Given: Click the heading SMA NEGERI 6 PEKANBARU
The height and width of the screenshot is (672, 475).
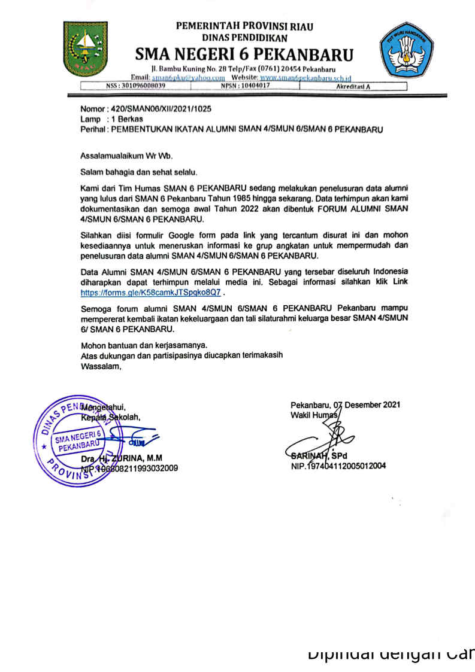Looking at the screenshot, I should [x=244, y=55].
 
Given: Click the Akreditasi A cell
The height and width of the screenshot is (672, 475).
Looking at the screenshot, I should [x=354, y=86].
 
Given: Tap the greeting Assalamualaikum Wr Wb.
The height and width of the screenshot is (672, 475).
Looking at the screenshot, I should [x=126, y=156].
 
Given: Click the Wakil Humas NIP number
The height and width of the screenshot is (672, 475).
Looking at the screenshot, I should [x=338, y=465].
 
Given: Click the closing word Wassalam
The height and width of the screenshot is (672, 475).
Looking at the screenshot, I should [x=101, y=367].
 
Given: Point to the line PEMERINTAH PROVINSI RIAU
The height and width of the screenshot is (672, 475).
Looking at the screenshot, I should [x=244, y=26].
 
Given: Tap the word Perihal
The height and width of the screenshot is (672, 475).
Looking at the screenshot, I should [x=93, y=129].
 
